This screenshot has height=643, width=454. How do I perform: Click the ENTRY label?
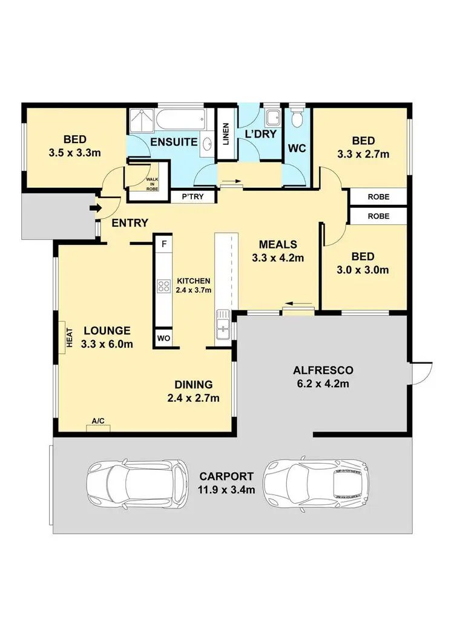[x=130, y=223]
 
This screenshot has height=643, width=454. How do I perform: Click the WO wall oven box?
[x=163, y=338]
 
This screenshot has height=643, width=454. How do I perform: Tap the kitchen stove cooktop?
[x=163, y=286]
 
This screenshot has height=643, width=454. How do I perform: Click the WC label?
[x=297, y=148]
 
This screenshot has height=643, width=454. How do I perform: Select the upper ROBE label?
[x=378, y=198]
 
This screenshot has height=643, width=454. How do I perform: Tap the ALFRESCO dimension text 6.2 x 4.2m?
[x=323, y=383]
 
